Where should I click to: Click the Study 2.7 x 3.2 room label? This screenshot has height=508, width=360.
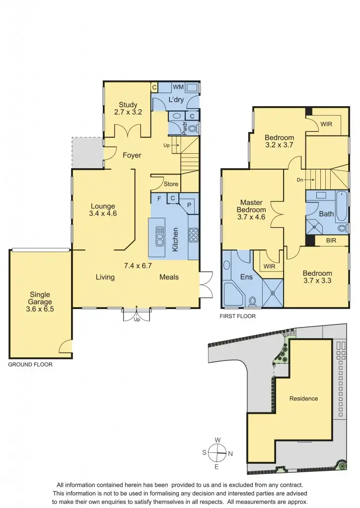pyautogui.click(x=128, y=108)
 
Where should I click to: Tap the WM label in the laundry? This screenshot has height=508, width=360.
pyautogui.click(x=178, y=87)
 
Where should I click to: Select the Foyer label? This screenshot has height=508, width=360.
pyautogui.click(x=132, y=155)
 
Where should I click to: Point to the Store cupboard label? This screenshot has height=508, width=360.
pyautogui.click(x=171, y=184)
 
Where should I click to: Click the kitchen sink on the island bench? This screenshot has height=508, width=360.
pyautogui.click(x=160, y=236)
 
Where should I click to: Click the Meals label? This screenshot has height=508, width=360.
pyautogui.click(x=169, y=277)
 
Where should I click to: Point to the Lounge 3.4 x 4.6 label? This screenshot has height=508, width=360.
pyautogui.click(x=103, y=210)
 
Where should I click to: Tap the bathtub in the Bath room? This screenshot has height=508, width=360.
pyautogui.click(x=342, y=207)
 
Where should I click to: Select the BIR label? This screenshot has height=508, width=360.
pyautogui.click(x=333, y=241)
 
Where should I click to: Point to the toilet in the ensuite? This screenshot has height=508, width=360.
pyautogui.click(x=252, y=301)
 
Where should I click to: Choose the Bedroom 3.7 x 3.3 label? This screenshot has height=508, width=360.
pyautogui.click(x=317, y=277)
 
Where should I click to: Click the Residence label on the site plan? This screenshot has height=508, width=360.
pyautogui.click(x=303, y=398)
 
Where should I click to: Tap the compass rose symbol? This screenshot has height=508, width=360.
pyautogui.click(x=217, y=452)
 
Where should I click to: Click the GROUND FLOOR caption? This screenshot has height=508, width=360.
pyautogui.click(x=30, y=364)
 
